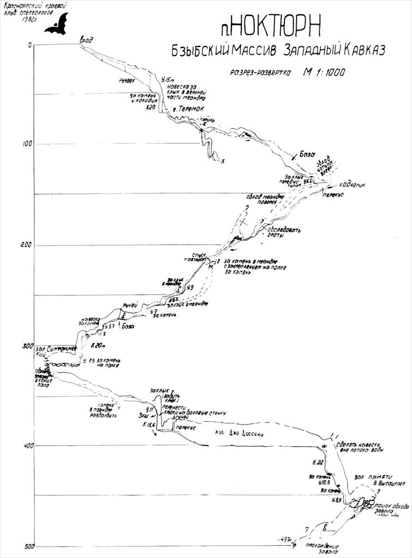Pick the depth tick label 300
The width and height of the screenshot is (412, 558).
(x=25, y=345)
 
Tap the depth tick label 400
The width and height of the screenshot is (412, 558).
(x=25, y=445)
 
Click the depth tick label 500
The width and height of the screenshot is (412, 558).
(x=25, y=546)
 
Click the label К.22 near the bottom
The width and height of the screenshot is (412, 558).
(x=318, y=462)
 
